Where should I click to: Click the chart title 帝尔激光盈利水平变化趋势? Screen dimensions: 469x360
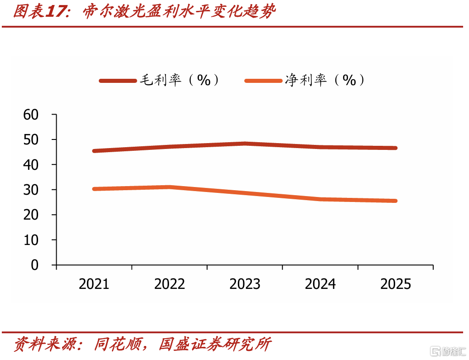pyautogui.click(x=179, y=12)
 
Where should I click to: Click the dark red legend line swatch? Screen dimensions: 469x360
pyautogui.click(x=118, y=81)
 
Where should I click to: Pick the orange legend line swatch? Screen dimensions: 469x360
pyautogui.click(x=263, y=81)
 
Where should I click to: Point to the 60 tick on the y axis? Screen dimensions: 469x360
pyautogui.click(x=31, y=115)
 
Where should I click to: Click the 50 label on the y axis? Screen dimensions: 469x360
pyautogui.click(x=31, y=140)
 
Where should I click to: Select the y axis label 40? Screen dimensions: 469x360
pyautogui.click(x=31, y=165)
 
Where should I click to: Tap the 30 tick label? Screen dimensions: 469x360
pyautogui.click(x=31, y=190)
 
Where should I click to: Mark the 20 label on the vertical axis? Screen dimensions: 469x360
pyautogui.click(x=31, y=215)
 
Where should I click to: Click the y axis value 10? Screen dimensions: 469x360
pyautogui.click(x=31, y=240)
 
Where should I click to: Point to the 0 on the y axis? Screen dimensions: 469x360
pyautogui.click(x=35, y=265)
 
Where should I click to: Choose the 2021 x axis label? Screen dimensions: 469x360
pyautogui.click(x=94, y=284)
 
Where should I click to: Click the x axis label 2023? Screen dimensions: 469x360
pyautogui.click(x=245, y=284)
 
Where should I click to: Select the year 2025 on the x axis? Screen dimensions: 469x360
pyautogui.click(x=396, y=284)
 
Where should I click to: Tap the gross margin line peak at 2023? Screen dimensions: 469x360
pyautogui.click(x=245, y=144)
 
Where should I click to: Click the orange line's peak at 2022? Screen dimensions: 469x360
pyautogui.click(x=169, y=187)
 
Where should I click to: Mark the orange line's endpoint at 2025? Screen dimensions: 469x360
pyautogui.click(x=396, y=201)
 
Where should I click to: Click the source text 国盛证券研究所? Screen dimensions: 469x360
pyautogui.click(x=215, y=344)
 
